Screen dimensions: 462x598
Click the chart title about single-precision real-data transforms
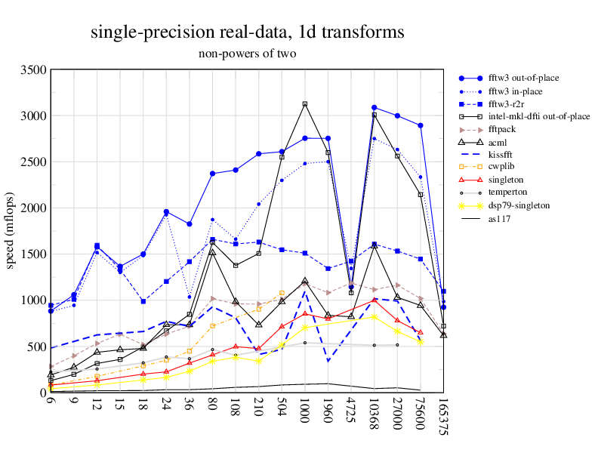[x=247, y=32]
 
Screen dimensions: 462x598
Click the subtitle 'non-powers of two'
[x=247, y=54]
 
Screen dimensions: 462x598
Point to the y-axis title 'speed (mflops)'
[x=11, y=231]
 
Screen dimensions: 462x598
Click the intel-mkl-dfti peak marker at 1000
[x=304, y=103]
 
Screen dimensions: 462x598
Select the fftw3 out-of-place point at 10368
[x=375, y=107]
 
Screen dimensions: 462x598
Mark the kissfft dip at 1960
[x=328, y=361]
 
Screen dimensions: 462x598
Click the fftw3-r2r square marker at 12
[x=97, y=245]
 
